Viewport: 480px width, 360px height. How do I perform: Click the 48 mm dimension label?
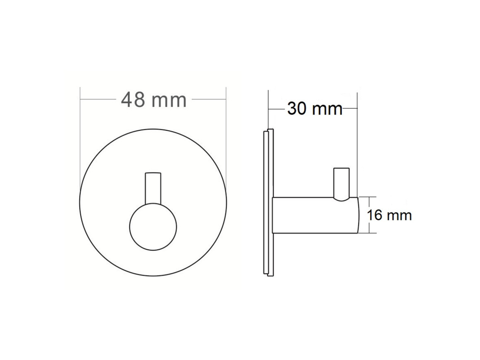coord(154,100)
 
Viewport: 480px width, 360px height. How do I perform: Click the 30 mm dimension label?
coord(315,109)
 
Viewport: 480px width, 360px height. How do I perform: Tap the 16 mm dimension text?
coord(389,215)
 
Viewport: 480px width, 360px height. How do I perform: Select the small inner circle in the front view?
coord(153,226)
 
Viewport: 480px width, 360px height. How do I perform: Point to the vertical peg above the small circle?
coord(153,188)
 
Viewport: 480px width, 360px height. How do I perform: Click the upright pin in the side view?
coord(342,184)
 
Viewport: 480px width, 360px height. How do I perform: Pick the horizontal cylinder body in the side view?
coord(315,215)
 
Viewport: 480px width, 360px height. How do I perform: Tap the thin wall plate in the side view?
coord(268,203)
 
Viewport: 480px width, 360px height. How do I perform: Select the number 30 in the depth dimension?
coord(297,109)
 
